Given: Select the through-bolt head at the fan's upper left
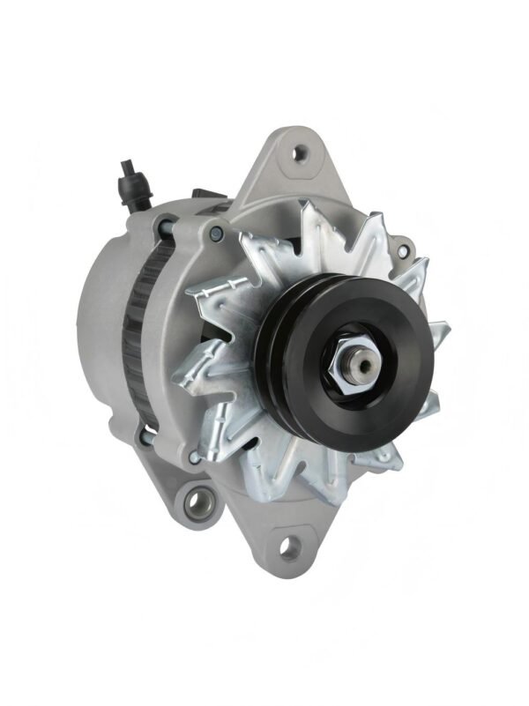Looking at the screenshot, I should coord(216,233).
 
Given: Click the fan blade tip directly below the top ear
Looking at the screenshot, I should coord(309,212).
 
